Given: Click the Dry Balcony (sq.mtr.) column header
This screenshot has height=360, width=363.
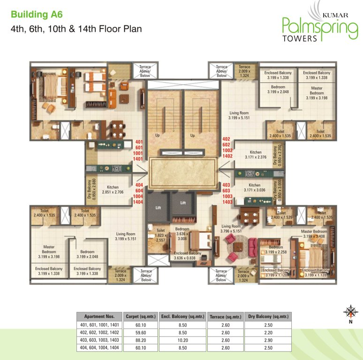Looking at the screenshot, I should (267, 316).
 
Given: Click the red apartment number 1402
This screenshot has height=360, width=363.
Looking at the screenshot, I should (227, 156).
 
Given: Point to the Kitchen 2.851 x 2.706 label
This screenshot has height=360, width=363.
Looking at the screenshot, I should (113, 189).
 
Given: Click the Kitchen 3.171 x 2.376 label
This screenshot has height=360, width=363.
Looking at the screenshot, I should (255, 155).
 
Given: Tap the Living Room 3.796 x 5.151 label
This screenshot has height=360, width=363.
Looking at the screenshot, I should (231, 228).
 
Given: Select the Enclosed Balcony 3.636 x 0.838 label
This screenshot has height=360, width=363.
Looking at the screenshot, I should (187, 255).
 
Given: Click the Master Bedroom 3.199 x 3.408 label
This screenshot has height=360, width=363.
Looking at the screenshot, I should (314, 234).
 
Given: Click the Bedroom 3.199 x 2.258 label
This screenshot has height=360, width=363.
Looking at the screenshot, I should (275, 250).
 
